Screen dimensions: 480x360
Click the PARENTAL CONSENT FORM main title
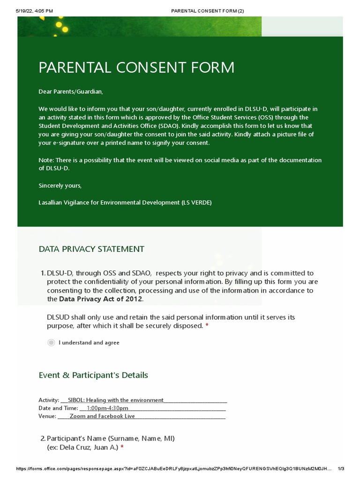click(136, 67)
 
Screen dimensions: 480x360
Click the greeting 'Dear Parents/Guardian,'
click(70, 91)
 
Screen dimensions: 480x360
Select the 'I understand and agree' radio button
click(51, 343)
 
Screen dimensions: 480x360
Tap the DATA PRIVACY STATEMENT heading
click(91, 249)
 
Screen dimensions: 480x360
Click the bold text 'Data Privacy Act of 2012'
click(101, 299)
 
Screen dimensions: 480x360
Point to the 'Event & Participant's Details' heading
click(93, 375)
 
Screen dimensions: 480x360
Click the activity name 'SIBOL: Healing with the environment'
click(116, 400)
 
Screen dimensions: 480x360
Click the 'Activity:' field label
click(49, 400)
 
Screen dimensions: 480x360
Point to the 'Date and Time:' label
click(58, 408)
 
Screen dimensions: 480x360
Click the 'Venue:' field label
click(47, 416)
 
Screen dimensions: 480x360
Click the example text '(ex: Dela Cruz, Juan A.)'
click(82, 447)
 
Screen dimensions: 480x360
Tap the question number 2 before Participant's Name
click(43, 439)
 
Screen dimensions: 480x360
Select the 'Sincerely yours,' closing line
click(60, 186)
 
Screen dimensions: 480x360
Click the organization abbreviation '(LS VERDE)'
click(196, 202)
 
